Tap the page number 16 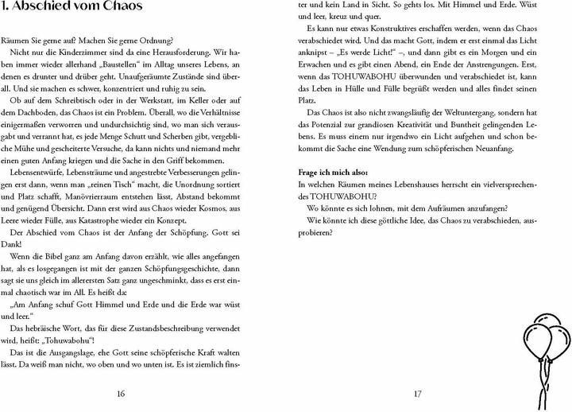120,392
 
